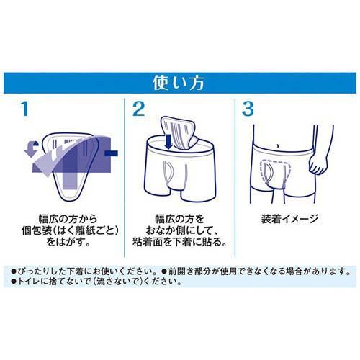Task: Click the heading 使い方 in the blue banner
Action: click(180, 80)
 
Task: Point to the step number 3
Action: click(248, 109)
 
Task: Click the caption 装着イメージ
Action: click(290, 215)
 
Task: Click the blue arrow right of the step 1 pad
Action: click(112, 153)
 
